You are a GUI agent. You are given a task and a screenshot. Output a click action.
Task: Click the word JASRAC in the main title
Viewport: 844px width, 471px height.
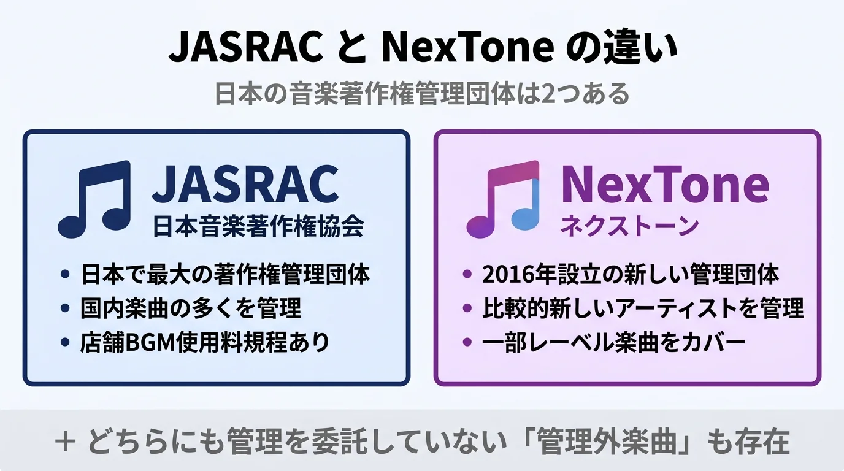click(x=245, y=48)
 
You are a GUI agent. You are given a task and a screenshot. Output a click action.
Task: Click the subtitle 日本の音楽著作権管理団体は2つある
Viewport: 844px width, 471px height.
click(x=421, y=95)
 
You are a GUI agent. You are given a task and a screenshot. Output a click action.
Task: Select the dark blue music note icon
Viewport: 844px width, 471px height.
click(x=95, y=198)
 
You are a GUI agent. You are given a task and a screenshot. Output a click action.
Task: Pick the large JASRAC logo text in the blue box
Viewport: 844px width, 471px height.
click(x=245, y=184)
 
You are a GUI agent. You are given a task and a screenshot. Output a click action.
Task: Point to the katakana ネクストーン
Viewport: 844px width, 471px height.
click(x=629, y=226)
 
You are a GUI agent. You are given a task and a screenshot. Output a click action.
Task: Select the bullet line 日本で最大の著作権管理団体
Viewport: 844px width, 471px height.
click(x=225, y=274)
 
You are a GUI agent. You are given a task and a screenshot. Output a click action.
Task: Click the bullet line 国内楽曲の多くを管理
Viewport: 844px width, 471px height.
click(x=191, y=308)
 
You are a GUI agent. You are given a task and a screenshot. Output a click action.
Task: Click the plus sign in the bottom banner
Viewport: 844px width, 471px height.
click(x=64, y=442)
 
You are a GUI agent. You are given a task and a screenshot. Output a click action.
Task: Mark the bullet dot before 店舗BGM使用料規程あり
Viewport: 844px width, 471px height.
click(x=65, y=342)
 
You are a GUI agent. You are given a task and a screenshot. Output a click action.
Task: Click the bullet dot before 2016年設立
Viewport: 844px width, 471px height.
click(x=467, y=274)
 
